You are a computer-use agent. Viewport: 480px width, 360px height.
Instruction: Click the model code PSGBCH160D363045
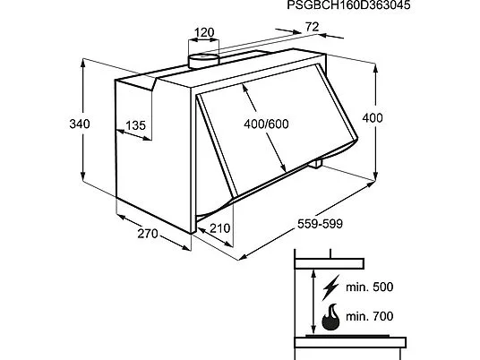[x=348, y=5]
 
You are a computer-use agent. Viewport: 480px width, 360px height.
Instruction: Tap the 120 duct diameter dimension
[x=204, y=32]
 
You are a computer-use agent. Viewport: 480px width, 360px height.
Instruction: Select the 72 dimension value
[x=313, y=27]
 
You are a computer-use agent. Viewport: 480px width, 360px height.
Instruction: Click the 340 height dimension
[x=80, y=124]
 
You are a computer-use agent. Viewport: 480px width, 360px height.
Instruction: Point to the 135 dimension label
[x=135, y=125]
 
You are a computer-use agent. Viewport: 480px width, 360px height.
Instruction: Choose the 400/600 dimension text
[x=266, y=124]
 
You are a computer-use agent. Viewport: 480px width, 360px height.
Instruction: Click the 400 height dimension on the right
[x=373, y=118]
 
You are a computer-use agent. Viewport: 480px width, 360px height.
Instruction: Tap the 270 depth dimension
[x=148, y=234]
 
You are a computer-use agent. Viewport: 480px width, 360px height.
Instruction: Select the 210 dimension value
[x=219, y=228]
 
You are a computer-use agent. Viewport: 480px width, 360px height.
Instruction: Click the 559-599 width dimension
[x=320, y=224]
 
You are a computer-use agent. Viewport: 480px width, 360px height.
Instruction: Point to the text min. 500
[x=370, y=287]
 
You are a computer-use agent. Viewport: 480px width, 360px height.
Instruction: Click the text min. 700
[x=370, y=316]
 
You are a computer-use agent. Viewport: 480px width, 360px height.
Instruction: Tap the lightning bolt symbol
[x=330, y=287]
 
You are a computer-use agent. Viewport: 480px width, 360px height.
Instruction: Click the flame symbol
[x=330, y=317]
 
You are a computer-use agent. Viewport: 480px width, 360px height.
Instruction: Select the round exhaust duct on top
[x=203, y=61]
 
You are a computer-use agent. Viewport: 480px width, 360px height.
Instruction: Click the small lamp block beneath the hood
[x=315, y=164]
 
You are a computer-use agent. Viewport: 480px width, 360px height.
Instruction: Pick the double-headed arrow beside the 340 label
[x=83, y=121]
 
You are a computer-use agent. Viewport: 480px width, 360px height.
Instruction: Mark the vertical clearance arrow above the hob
[x=313, y=302]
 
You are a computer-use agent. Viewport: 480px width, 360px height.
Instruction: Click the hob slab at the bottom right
[x=350, y=342]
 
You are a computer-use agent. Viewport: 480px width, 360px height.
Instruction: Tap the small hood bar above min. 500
[x=329, y=263]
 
